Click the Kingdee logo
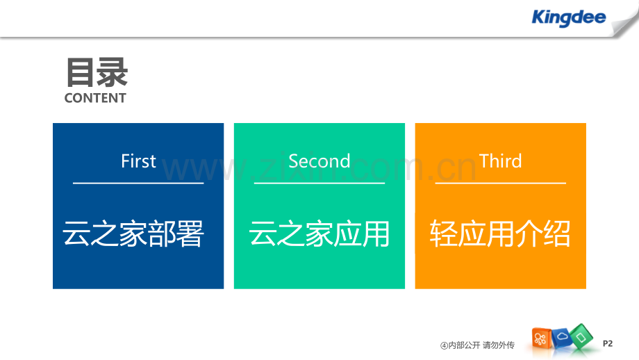[x=568, y=18]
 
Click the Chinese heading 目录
[x=97, y=73]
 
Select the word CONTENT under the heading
[x=95, y=99]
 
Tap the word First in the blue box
[x=138, y=161]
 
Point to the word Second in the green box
[x=319, y=161]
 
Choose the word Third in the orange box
[x=500, y=161]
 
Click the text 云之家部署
[x=133, y=235]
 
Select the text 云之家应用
[x=319, y=235]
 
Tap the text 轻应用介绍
[x=500, y=235]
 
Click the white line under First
[x=138, y=183]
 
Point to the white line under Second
[x=319, y=183]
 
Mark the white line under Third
[x=500, y=183]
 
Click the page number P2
[x=608, y=343]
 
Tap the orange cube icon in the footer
[x=542, y=338]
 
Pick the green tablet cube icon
[x=582, y=337]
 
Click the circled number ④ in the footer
[x=444, y=345]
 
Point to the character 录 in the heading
[x=113, y=73]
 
